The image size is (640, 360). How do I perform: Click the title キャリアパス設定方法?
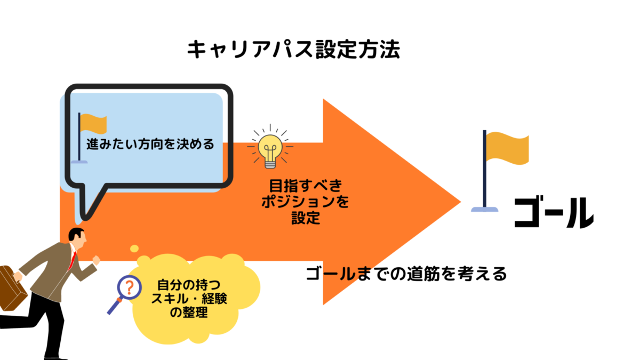[x=293, y=50]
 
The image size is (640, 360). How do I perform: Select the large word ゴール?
[x=554, y=212]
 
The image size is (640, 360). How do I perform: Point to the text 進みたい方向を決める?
[x=150, y=144]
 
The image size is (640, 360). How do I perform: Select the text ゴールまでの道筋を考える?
[x=406, y=274]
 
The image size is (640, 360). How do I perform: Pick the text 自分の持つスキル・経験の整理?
[x=189, y=299]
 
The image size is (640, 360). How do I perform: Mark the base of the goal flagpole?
[x=485, y=209]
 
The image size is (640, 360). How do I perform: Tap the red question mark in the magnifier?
[x=128, y=288]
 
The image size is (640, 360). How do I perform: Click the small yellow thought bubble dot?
[x=133, y=249]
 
